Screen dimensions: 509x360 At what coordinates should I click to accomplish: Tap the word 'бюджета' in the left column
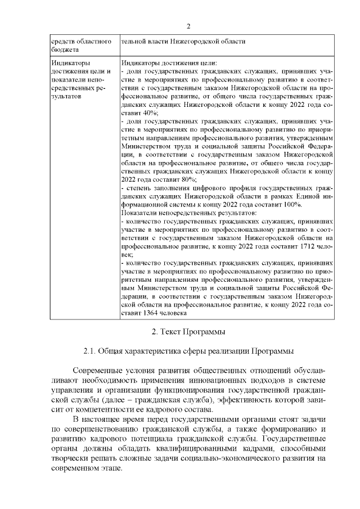63,51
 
